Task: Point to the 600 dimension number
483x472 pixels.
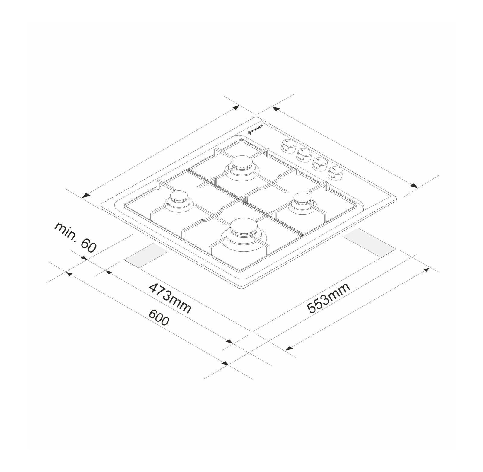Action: [x=159, y=318]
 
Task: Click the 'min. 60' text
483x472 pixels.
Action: [x=75, y=237]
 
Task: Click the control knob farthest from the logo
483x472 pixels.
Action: [x=335, y=173]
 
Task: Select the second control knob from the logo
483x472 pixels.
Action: [x=304, y=154]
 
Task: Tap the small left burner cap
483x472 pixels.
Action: [x=178, y=198]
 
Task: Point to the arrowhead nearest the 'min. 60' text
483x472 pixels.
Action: [x=84, y=258]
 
